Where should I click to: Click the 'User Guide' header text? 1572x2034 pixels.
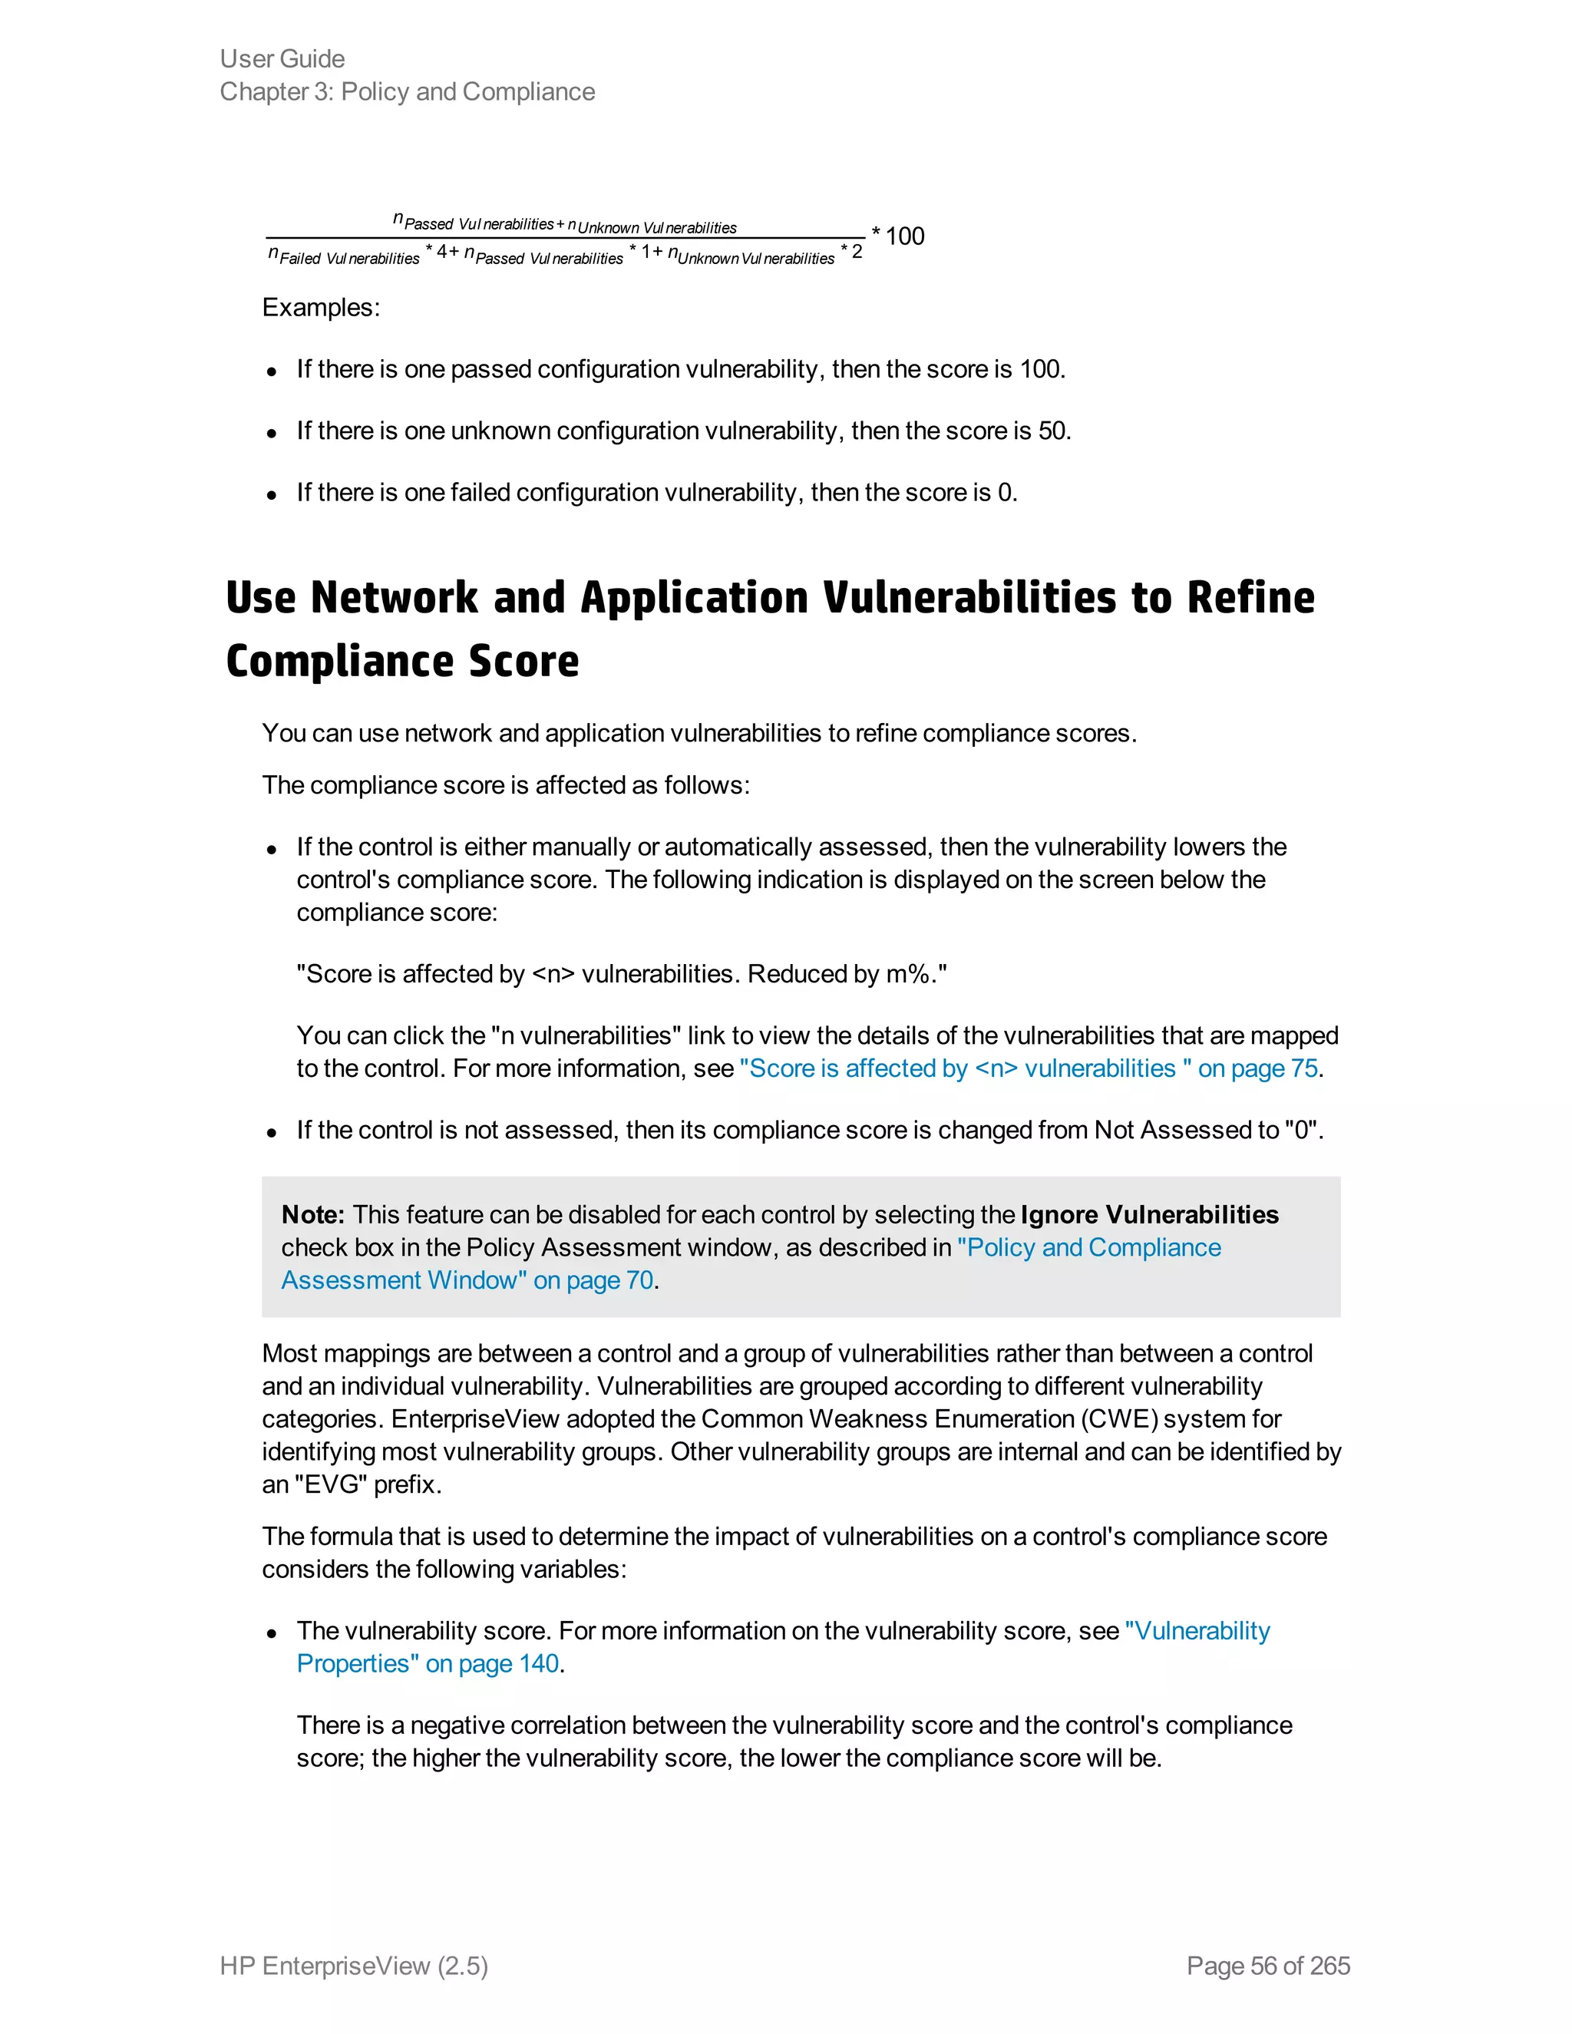pyautogui.click(x=282, y=58)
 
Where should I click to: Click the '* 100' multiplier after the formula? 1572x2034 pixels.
pyautogui.click(x=898, y=236)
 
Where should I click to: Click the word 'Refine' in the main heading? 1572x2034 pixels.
pyautogui.click(x=1250, y=598)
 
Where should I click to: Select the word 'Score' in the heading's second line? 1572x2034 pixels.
pyautogui.click(x=523, y=661)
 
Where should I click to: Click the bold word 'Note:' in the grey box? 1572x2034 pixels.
pyautogui.click(x=313, y=1214)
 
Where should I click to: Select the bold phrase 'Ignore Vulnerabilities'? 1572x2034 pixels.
pyautogui.click(x=1149, y=1214)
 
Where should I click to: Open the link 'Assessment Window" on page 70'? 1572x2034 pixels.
pyautogui.click(x=467, y=1280)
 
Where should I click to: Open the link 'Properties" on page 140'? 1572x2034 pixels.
pyautogui.click(x=428, y=1663)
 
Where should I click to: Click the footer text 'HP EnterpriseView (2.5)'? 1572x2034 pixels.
pyautogui.click(x=354, y=1965)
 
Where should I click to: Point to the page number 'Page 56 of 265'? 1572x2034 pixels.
pyautogui.click(x=1267, y=1965)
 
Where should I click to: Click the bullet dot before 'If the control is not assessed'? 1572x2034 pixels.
pyautogui.click(x=271, y=1132)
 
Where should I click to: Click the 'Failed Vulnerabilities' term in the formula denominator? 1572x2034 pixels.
pyautogui.click(x=349, y=259)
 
